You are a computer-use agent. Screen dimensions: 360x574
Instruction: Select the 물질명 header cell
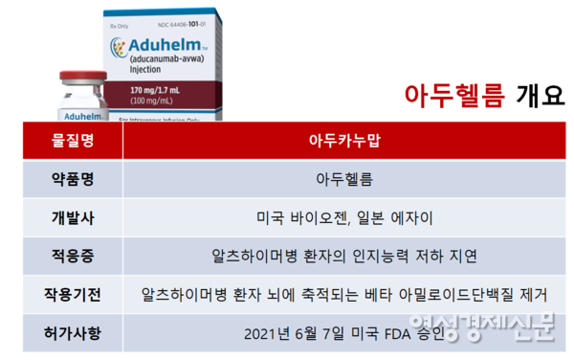click(x=74, y=142)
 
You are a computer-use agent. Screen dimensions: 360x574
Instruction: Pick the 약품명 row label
click(x=74, y=180)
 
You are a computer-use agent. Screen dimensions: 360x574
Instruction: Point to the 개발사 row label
click(x=74, y=218)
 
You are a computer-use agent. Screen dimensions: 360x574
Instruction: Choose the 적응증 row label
click(x=74, y=258)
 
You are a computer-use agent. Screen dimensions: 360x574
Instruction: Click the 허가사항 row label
click(x=74, y=334)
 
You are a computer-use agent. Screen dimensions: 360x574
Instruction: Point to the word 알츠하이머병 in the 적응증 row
click(x=253, y=258)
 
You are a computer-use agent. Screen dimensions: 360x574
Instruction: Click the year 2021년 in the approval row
click(x=265, y=334)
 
